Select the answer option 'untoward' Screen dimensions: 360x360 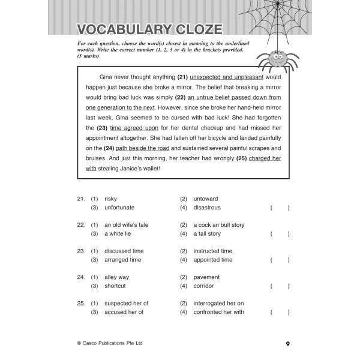[x=206, y=199]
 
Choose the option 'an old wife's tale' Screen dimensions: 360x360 [x=126, y=225]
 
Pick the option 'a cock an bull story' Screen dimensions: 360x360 [x=218, y=225]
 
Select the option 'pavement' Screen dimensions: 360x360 [x=207, y=278]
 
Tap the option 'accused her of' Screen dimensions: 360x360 [x=124, y=312]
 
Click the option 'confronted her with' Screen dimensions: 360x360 [x=218, y=312]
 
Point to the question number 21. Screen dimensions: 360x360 [x=80, y=199]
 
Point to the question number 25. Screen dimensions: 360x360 [x=80, y=304]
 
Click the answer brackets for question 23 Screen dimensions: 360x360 [x=280, y=260]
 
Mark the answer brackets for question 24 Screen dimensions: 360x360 [x=280, y=286]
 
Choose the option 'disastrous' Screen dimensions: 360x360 [x=206, y=208]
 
